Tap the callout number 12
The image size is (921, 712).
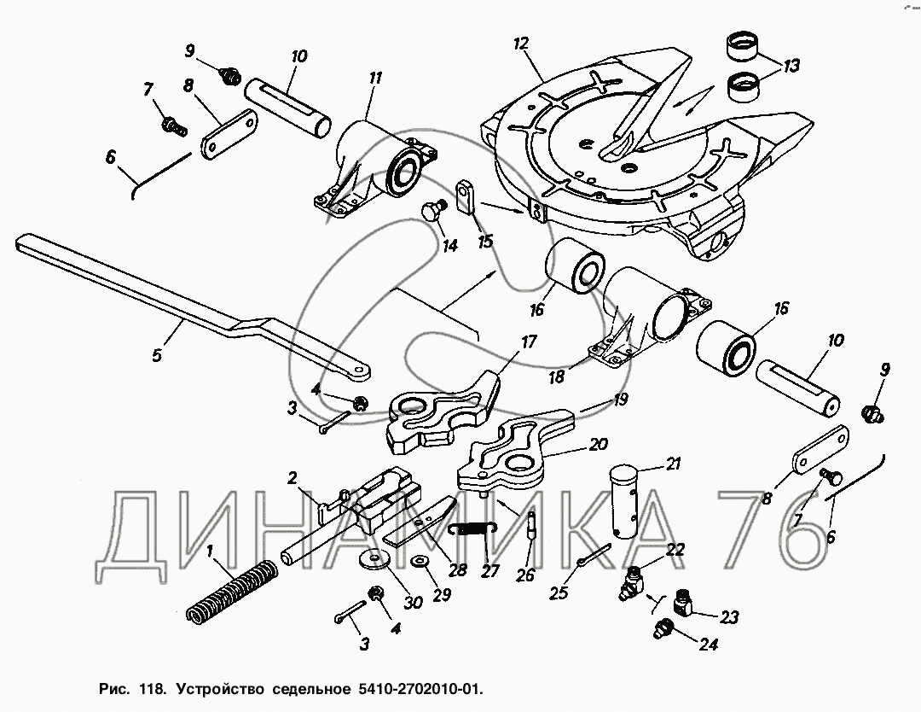(x=521, y=43)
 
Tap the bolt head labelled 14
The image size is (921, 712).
(x=431, y=210)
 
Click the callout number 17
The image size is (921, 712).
(x=529, y=342)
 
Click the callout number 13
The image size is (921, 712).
(x=791, y=64)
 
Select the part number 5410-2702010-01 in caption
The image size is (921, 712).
(x=408, y=687)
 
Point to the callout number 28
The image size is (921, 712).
(x=459, y=571)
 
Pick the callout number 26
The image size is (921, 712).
(x=525, y=575)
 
